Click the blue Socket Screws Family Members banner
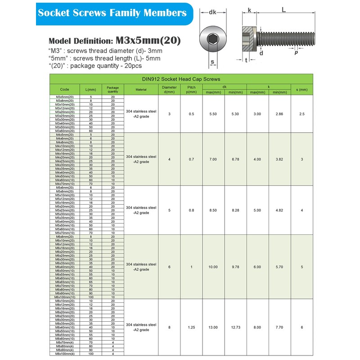coord(112,13)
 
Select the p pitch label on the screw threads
coord(296,53)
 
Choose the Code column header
coord(64,90)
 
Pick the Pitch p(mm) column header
coord(192,90)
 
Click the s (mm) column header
coord(301,90)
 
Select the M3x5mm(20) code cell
coord(64,97)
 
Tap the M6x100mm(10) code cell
coord(64,297)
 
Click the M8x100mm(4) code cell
coord(64,354)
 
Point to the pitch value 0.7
coord(192,159)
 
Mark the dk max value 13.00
coord(213,327)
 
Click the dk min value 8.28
coord(235,210)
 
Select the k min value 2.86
coord(279,114)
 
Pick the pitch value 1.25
coord(192,327)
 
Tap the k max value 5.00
coord(257,210)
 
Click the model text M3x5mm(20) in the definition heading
coord(148,40)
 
